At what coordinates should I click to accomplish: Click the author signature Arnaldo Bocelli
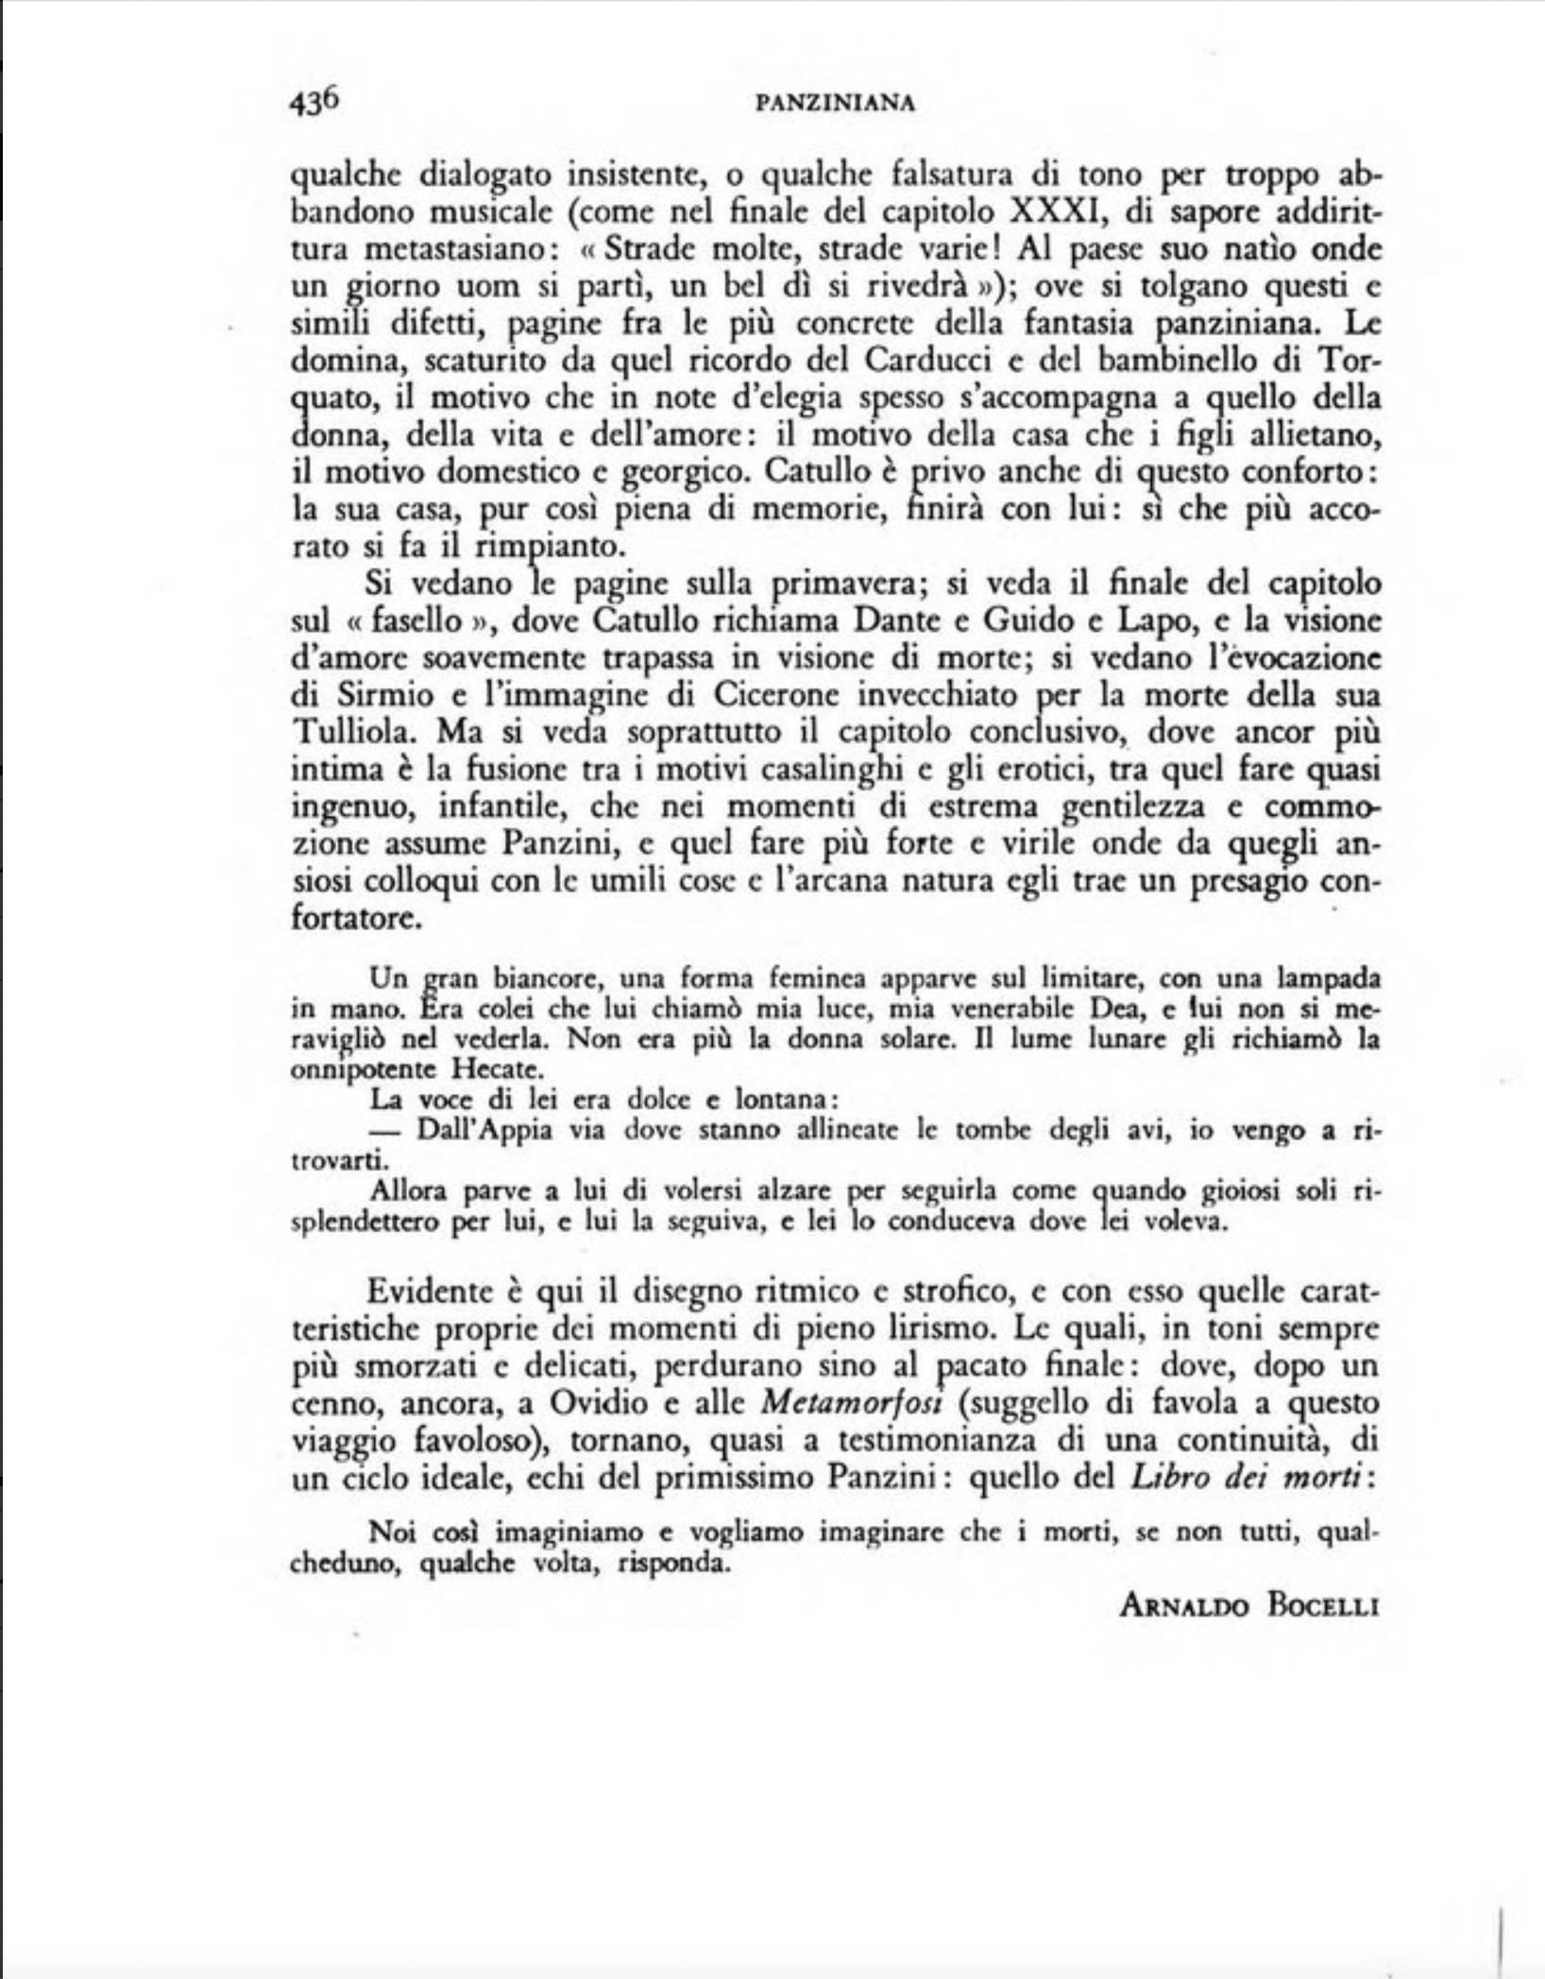1249,1605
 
